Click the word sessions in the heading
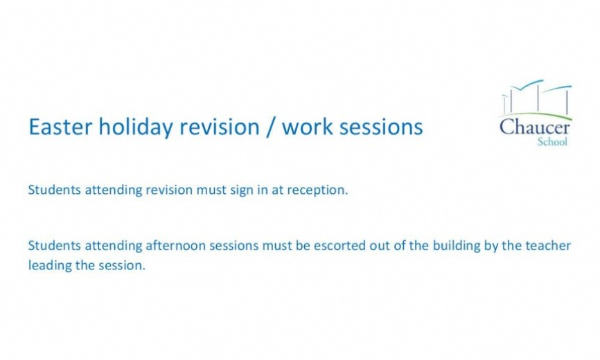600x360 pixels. coord(383,127)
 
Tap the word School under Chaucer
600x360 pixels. coord(552,142)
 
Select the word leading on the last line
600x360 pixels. coord(48,265)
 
